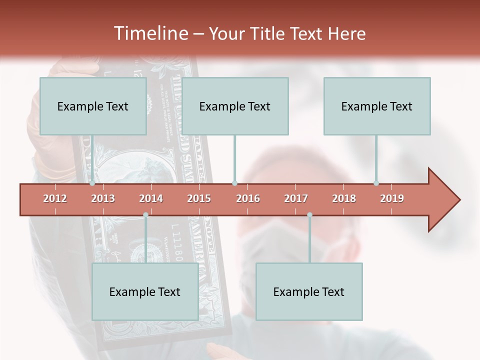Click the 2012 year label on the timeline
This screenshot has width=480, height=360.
click(x=55, y=198)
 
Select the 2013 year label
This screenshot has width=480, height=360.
click(x=103, y=198)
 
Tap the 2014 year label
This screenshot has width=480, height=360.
click(x=151, y=198)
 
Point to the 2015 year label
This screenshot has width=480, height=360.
click(x=199, y=198)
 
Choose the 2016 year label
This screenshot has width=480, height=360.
click(x=248, y=198)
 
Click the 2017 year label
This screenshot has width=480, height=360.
click(x=296, y=198)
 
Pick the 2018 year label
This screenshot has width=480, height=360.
click(x=344, y=198)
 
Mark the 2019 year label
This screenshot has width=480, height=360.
click(x=392, y=198)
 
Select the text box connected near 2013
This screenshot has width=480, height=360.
click(x=93, y=106)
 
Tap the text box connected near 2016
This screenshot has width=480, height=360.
click(x=235, y=106)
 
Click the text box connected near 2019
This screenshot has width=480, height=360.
click(x=377, y=106)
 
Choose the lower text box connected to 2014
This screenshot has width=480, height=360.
click(x=145, y=291)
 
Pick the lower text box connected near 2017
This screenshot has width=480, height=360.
click(x=309, y=291)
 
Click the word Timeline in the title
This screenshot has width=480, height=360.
click(x=150, y=33)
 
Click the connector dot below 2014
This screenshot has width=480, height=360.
click(x=145, y=214)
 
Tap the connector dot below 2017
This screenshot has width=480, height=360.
click(x=309, y=214)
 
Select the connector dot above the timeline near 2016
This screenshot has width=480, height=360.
click(x=234, y=183)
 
